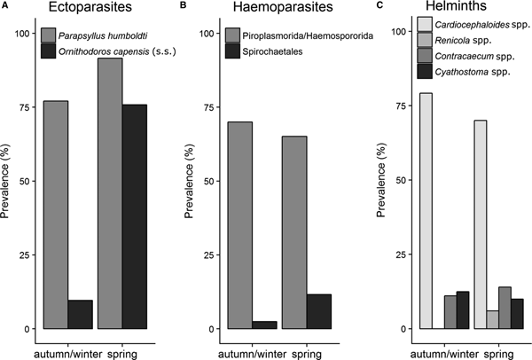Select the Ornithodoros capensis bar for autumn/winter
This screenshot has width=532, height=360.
tap(80, 314)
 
